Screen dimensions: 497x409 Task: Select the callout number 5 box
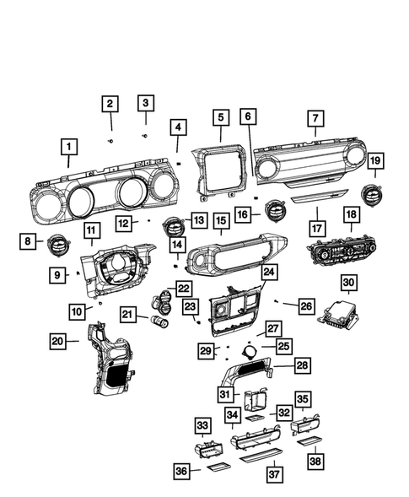click(x=220, y=118)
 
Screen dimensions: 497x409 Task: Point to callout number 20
click(x=58, y=341)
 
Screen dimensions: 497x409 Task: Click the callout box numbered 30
click(x=349, y=282)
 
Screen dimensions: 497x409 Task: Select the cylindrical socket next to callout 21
click(x=159, y=322)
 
